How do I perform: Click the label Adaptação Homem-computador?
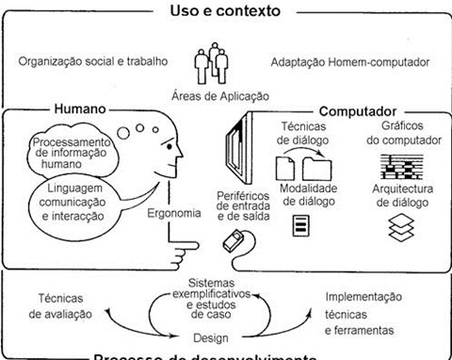pos(353,63)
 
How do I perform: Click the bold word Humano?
pos(81,109)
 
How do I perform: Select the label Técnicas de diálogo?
pos(301,133)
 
